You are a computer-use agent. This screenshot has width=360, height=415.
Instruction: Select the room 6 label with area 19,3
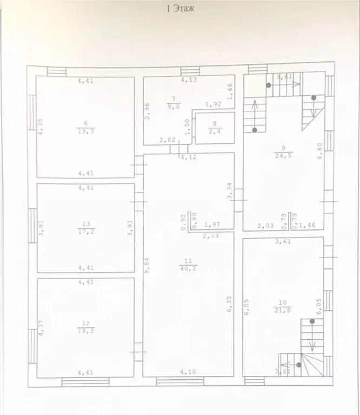pos(85,127)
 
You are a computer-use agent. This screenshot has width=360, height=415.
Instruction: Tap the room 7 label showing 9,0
pos(174,102)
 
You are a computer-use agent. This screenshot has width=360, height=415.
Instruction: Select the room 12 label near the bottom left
pos(85,327)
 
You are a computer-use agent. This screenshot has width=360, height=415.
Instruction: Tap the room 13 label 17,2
pos(85,227)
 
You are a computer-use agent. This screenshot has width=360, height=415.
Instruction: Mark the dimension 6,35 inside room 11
pos(230,304)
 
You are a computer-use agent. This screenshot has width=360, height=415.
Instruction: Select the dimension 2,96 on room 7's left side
pos(146,110)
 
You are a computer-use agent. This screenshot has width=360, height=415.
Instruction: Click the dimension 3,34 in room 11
pos(230,190)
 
